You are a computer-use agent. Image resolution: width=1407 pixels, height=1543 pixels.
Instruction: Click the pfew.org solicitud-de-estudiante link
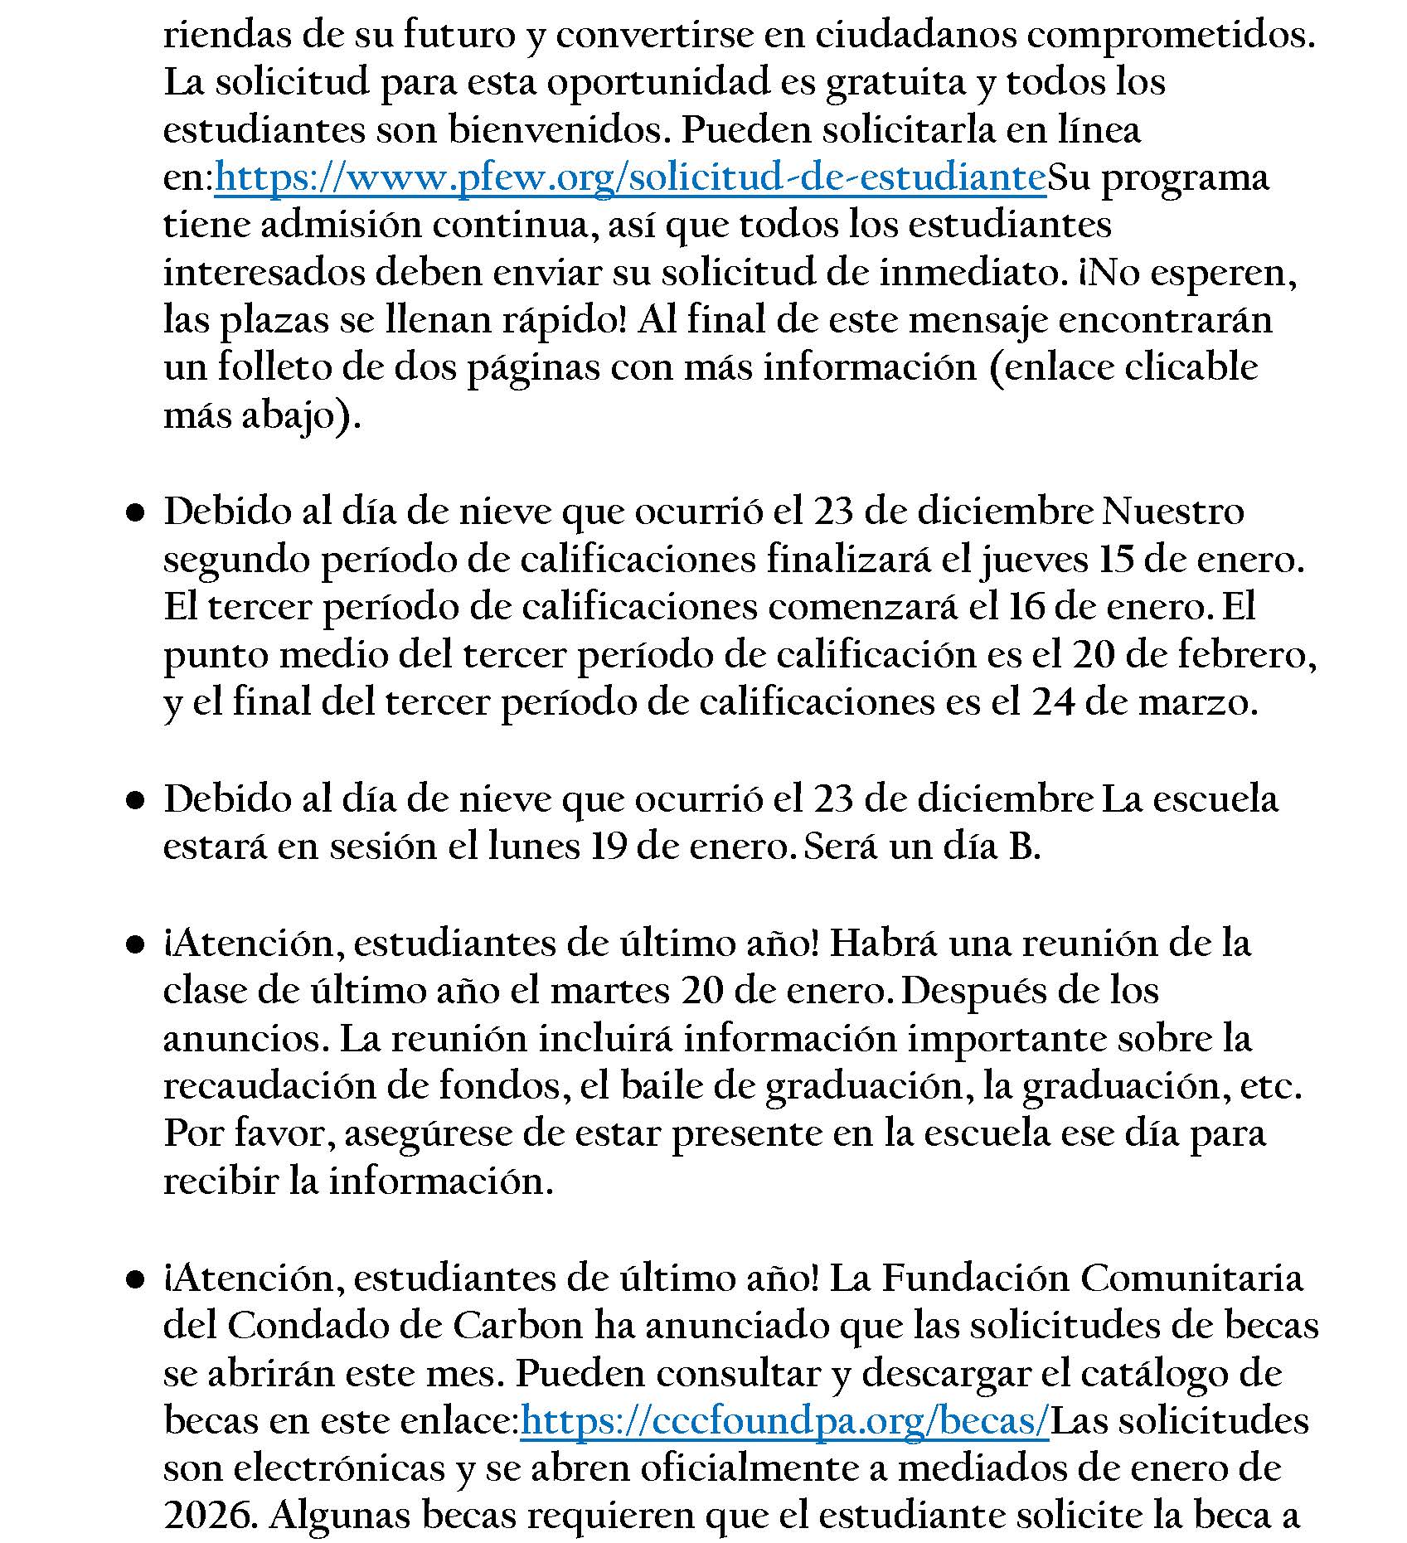coord(630,177)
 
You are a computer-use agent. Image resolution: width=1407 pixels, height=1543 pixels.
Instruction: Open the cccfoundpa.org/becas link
coord(784,1421)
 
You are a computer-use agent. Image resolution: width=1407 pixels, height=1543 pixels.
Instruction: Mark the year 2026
coord(207,1516)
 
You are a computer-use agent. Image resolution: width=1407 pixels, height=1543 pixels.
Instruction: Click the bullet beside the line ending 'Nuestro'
coord(134,514)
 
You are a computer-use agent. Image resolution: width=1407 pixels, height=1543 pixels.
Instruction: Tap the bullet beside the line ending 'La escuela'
coord(134,801)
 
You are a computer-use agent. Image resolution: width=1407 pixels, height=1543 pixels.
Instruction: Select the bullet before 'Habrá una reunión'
coord(134,945)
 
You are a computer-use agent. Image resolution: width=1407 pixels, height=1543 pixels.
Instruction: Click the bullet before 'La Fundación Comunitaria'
coord(134,1280)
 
